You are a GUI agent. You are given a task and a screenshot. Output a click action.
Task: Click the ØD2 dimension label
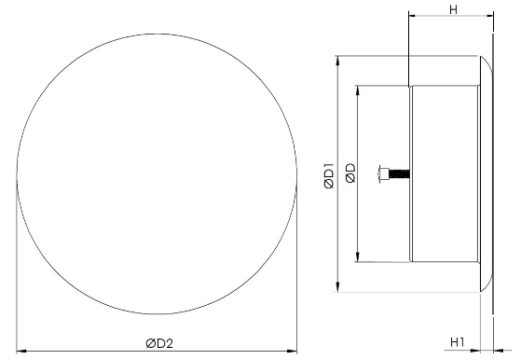(x=159, y=343)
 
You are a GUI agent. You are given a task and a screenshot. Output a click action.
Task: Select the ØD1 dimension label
(x=329, y=174)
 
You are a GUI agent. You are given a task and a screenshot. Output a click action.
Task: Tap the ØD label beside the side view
(x=350, y=173)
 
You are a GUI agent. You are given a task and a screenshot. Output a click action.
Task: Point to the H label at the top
(x=453, y=9)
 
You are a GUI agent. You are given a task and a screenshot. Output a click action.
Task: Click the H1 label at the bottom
(x=458, y=341)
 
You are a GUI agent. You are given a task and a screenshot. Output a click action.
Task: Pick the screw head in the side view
(x=384, y=173)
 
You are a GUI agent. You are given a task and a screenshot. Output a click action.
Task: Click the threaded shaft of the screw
(x=400, y=173)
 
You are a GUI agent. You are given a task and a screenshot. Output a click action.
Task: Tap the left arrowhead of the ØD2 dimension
(x=21, y=351)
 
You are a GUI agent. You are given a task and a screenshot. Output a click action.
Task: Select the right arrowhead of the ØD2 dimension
(x=292, y=351)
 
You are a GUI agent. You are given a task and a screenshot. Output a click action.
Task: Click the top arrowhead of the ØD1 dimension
(x=338, y=62)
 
